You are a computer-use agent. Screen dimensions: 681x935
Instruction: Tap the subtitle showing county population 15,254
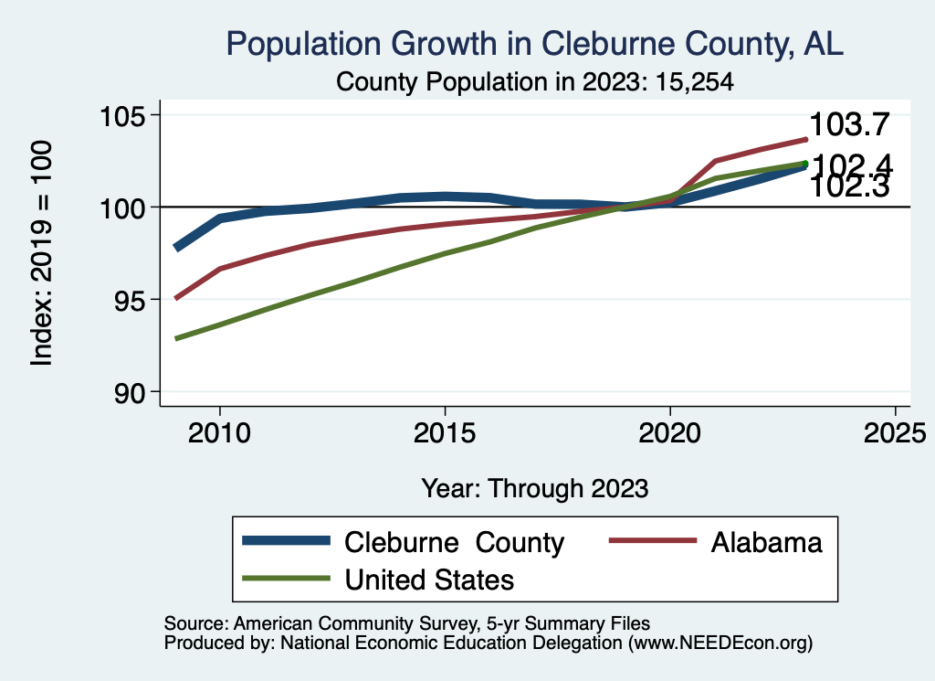point(536,81)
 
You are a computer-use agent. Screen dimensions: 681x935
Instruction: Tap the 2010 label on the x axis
point(219,432)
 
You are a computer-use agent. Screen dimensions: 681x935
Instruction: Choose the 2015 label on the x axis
point(445,432)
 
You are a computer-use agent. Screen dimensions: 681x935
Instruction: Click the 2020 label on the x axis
point(670,432)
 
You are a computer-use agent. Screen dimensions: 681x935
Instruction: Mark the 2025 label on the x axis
point(895,432)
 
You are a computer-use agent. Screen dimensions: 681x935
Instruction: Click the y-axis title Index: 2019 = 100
point(42,253)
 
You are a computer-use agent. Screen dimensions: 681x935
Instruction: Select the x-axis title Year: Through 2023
point(535,488)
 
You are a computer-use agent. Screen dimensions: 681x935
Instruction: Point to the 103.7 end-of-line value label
point(849,124)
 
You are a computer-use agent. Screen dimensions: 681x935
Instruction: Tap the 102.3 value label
point(849,186)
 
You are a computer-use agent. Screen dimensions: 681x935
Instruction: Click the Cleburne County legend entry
point(454,542)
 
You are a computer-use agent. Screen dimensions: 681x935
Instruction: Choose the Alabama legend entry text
point(766,542)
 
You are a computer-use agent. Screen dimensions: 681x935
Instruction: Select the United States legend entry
point(429,579)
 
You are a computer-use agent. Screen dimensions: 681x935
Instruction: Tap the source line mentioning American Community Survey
point(407,623)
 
